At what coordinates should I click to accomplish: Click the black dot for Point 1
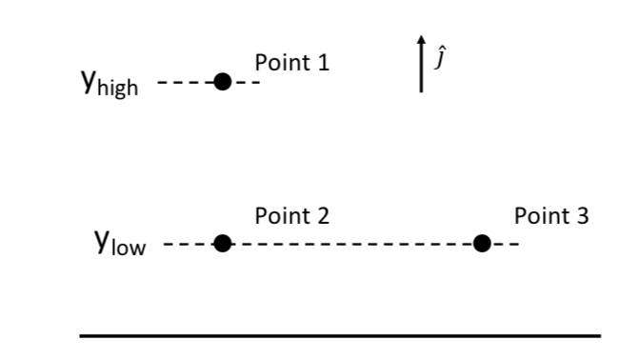coord(223,82)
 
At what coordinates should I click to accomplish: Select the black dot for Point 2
coord(223,244)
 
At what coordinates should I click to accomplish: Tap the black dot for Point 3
coord(482,244)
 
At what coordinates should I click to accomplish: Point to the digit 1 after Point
coord(323,64)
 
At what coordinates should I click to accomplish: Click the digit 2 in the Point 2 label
coord(323,216)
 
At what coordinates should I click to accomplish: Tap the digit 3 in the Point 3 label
coord(582,216)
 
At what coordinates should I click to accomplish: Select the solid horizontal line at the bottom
coord(340,335)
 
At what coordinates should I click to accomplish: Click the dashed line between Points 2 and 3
coord(352,245)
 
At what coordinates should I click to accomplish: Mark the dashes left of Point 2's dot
coord(189,245)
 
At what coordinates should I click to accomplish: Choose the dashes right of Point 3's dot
coord(506,245)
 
